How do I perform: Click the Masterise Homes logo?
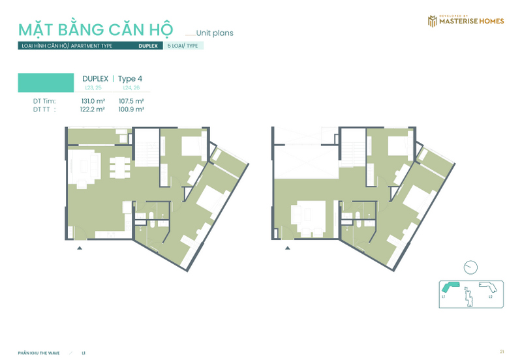465,21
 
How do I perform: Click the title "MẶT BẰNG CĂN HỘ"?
95,30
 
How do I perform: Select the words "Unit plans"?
215,33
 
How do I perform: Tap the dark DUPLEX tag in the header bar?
148,46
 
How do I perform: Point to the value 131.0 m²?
93,101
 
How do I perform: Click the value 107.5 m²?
130,101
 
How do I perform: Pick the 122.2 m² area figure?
93,110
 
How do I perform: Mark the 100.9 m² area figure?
130,110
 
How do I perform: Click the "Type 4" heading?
130,79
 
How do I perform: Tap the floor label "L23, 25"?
94,87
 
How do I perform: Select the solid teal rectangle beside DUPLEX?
45,82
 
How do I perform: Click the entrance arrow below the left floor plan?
80,248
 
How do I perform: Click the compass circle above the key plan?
470,267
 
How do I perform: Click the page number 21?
502,352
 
